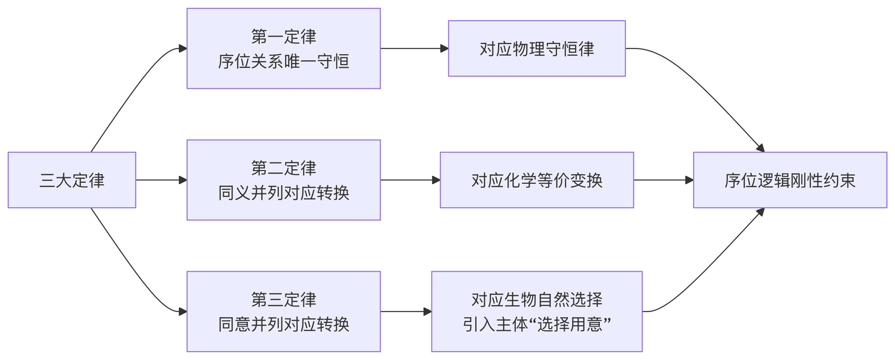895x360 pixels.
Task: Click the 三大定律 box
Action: click(x=72, y=180)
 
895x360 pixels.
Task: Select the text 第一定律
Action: click(x=283, y=36)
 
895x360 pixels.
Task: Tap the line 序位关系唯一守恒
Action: click(x=283, y=62)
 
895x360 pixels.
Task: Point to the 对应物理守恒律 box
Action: click(x=536, y=48)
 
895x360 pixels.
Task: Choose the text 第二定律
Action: click(x=283, y=168)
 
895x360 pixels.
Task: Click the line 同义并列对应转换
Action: click(x=283, y=193)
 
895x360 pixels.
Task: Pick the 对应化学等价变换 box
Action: click(x=536, y=180)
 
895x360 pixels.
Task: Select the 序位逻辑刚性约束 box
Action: click(x=790, y=180)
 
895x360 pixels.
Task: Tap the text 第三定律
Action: click(x=283, y=299)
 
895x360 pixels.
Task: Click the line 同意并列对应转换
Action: click(x=283, y=325)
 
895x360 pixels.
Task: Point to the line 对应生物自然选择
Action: click(x=536, y=299)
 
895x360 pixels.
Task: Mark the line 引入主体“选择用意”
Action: click(x=536, y=325)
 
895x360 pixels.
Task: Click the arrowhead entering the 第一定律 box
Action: click(x=183, y=48)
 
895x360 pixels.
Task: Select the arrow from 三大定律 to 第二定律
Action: click(x=162, y=180)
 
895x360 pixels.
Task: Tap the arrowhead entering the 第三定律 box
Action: click(x=183, y=312)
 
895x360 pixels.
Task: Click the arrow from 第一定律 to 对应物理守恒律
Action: click(x=415, y=48)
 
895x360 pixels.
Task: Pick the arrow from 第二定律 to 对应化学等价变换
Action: click(x=410, y=180)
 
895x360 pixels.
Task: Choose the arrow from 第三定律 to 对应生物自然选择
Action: click(x=406, y=312)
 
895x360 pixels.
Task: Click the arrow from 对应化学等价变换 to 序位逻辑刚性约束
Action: click(x=664, y=180)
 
